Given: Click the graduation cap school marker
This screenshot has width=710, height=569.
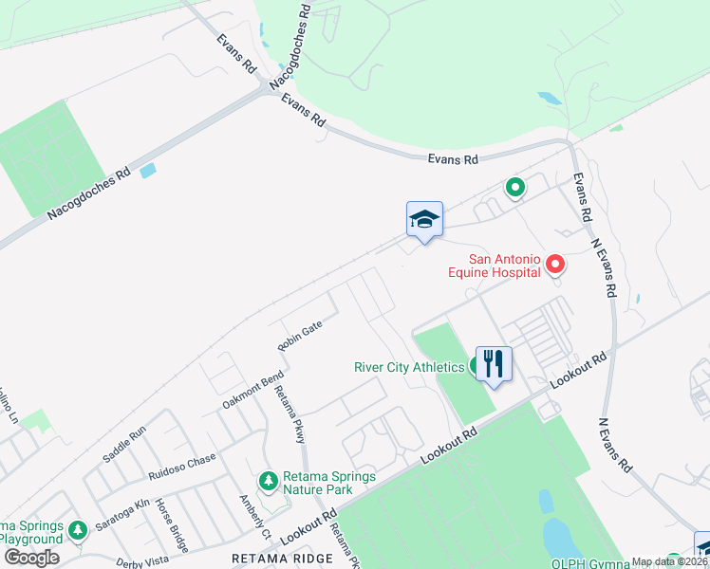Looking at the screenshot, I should click(424, 220).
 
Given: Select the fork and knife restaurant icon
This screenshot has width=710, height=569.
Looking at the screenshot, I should click(494, 363).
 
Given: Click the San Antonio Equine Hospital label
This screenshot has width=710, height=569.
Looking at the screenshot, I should click(494, 265).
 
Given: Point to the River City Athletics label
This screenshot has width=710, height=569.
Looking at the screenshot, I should click(409, 367).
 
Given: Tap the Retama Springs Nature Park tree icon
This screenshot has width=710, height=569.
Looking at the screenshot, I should click(270, 482).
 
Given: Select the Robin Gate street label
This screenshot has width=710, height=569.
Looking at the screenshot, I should click(301, 336).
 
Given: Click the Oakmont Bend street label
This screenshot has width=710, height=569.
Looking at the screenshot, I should click(253, 390).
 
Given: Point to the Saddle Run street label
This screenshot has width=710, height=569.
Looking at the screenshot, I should click(124, 444).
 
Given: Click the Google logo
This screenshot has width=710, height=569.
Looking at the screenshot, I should click(31, 558).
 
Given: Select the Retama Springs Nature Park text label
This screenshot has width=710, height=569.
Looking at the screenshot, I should click(318, 483).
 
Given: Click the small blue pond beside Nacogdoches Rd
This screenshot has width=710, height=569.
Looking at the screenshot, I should click(147, 172).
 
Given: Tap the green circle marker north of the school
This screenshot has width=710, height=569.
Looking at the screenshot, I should click(514, 188).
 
